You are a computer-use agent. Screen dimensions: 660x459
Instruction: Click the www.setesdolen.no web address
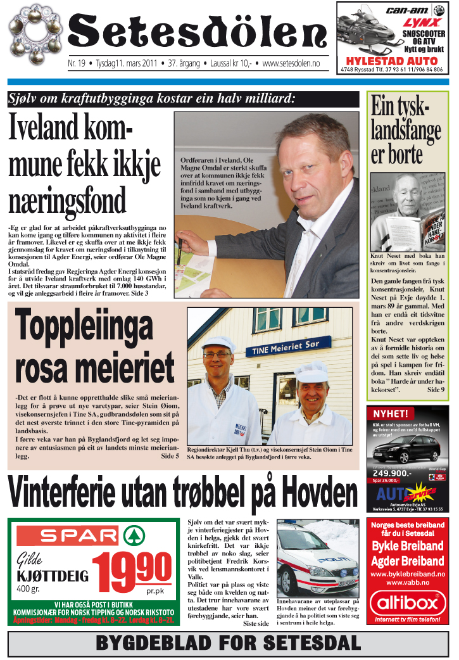[x=291, y=64]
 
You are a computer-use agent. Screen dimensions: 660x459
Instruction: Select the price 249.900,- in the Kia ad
[x=392, y=473]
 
